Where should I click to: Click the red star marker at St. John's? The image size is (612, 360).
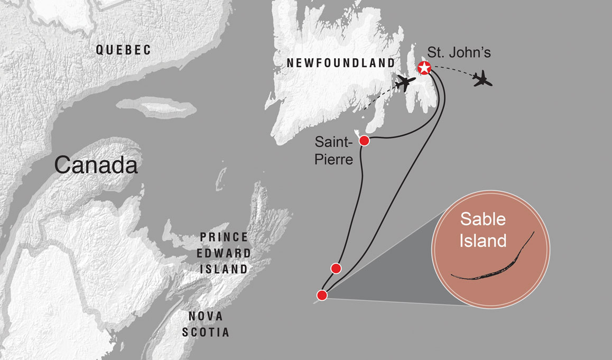pos(423,68)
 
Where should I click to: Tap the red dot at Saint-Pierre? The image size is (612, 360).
pos(364,141)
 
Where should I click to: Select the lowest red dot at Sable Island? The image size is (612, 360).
pos(321,295)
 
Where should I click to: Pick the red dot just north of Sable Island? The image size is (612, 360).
pos(335,268)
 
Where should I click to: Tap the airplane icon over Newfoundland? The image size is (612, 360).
pos(405,83)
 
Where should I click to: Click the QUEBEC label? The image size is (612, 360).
pos(123,50)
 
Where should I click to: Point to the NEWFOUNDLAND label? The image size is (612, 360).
pos(340,63)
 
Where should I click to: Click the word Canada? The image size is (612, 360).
pos(96,165)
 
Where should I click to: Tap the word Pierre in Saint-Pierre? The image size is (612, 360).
pos(333,159)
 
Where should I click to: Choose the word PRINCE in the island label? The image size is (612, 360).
pos(224,237)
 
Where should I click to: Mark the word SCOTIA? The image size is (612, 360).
pos(206,333)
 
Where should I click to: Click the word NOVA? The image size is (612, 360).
pos(206,316)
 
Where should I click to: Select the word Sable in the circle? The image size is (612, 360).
pos(483,219)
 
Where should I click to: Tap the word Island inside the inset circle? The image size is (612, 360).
pos(483,241)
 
